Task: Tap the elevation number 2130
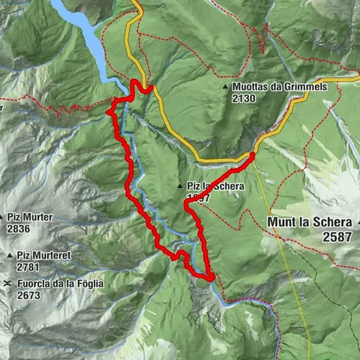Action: pos(245,98)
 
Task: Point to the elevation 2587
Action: pos(337,236)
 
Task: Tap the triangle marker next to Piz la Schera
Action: pos(180,185)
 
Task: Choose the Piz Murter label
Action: pos(30,217)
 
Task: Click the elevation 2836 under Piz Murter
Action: pos(19,228)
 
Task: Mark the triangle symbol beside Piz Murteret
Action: pos(8,256)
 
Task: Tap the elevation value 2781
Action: pos(19,267)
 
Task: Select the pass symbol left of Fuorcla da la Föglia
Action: pos(7,283)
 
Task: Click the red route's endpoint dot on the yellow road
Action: pos(252,155)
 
